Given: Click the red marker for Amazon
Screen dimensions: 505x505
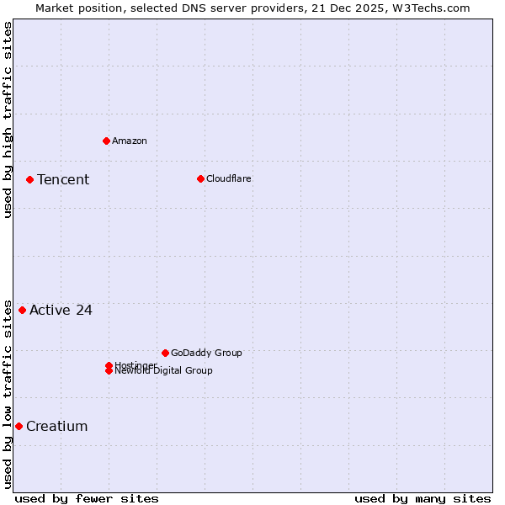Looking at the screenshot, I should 106,141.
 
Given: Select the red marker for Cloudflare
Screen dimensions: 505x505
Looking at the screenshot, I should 200,178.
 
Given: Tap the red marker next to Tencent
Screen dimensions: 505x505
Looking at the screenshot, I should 29,179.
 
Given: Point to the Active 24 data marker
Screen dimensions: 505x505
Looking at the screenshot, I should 22,310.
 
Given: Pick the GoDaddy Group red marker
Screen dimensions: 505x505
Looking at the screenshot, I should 165,353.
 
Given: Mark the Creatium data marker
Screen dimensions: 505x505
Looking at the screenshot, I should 19,426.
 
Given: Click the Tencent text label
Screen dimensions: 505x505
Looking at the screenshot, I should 63,179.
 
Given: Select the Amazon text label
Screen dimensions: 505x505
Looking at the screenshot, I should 129,141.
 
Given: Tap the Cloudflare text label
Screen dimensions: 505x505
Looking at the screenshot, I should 228,178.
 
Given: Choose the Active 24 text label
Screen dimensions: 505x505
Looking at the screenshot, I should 61,310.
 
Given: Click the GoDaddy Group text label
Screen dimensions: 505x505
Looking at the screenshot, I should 206,353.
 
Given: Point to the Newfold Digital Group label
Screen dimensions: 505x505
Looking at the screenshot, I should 163,371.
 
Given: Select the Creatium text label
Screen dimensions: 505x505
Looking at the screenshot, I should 56,426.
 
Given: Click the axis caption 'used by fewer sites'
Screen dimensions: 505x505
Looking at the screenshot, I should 87,498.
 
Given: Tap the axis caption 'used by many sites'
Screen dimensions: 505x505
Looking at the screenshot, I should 423,498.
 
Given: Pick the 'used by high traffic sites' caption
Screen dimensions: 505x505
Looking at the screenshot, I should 8,120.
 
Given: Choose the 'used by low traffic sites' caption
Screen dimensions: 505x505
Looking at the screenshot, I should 8,393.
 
